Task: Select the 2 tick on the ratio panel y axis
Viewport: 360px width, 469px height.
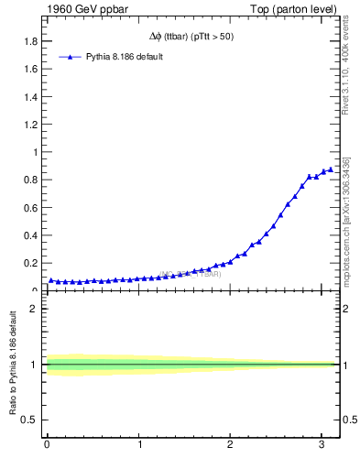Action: [34, 309]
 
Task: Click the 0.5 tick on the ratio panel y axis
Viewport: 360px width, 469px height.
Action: [30, 420]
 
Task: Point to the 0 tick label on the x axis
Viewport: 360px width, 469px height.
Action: [47, 446]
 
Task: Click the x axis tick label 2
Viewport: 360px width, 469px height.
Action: [231, 446]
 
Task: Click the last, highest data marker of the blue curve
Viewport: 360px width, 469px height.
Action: [331, 169]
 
